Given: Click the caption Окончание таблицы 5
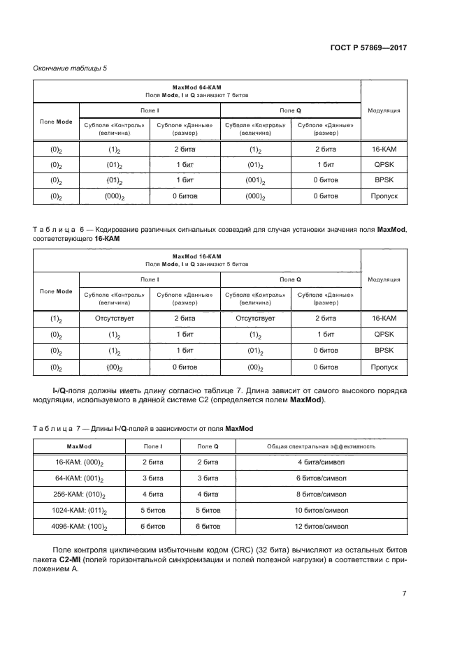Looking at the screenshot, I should coord(70,68).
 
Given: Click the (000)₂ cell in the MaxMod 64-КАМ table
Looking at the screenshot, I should coord(115,197).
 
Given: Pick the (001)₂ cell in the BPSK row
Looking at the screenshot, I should coord(255,181).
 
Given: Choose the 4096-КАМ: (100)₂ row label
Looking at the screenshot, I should coord(80,527).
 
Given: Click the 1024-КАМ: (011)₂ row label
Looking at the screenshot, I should coord(80,511).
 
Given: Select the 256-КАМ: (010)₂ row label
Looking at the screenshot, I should coord(80,494).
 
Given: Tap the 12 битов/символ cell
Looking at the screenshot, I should coord(322,527).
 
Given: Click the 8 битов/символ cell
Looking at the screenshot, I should coord(322,494).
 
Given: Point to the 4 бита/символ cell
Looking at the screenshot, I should coord(322,462).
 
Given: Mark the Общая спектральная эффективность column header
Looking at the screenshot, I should coord(322,446).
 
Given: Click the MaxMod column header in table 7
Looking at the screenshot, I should coord(80,446).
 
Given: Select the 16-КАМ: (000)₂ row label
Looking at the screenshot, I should coord(80,462).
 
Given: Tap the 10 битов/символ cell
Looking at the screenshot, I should coord(322,511).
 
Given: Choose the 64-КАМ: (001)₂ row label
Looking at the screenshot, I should coord(80,478).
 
